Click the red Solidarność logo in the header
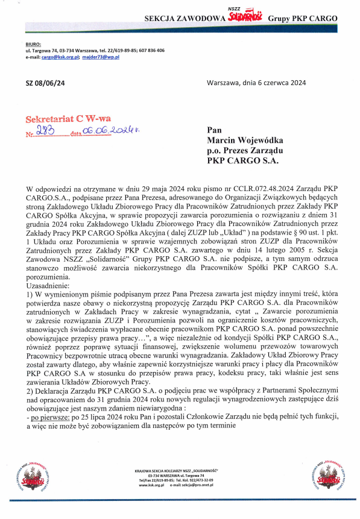coord(244,17)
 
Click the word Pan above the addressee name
coord(214,130)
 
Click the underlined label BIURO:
coord(33,45)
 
